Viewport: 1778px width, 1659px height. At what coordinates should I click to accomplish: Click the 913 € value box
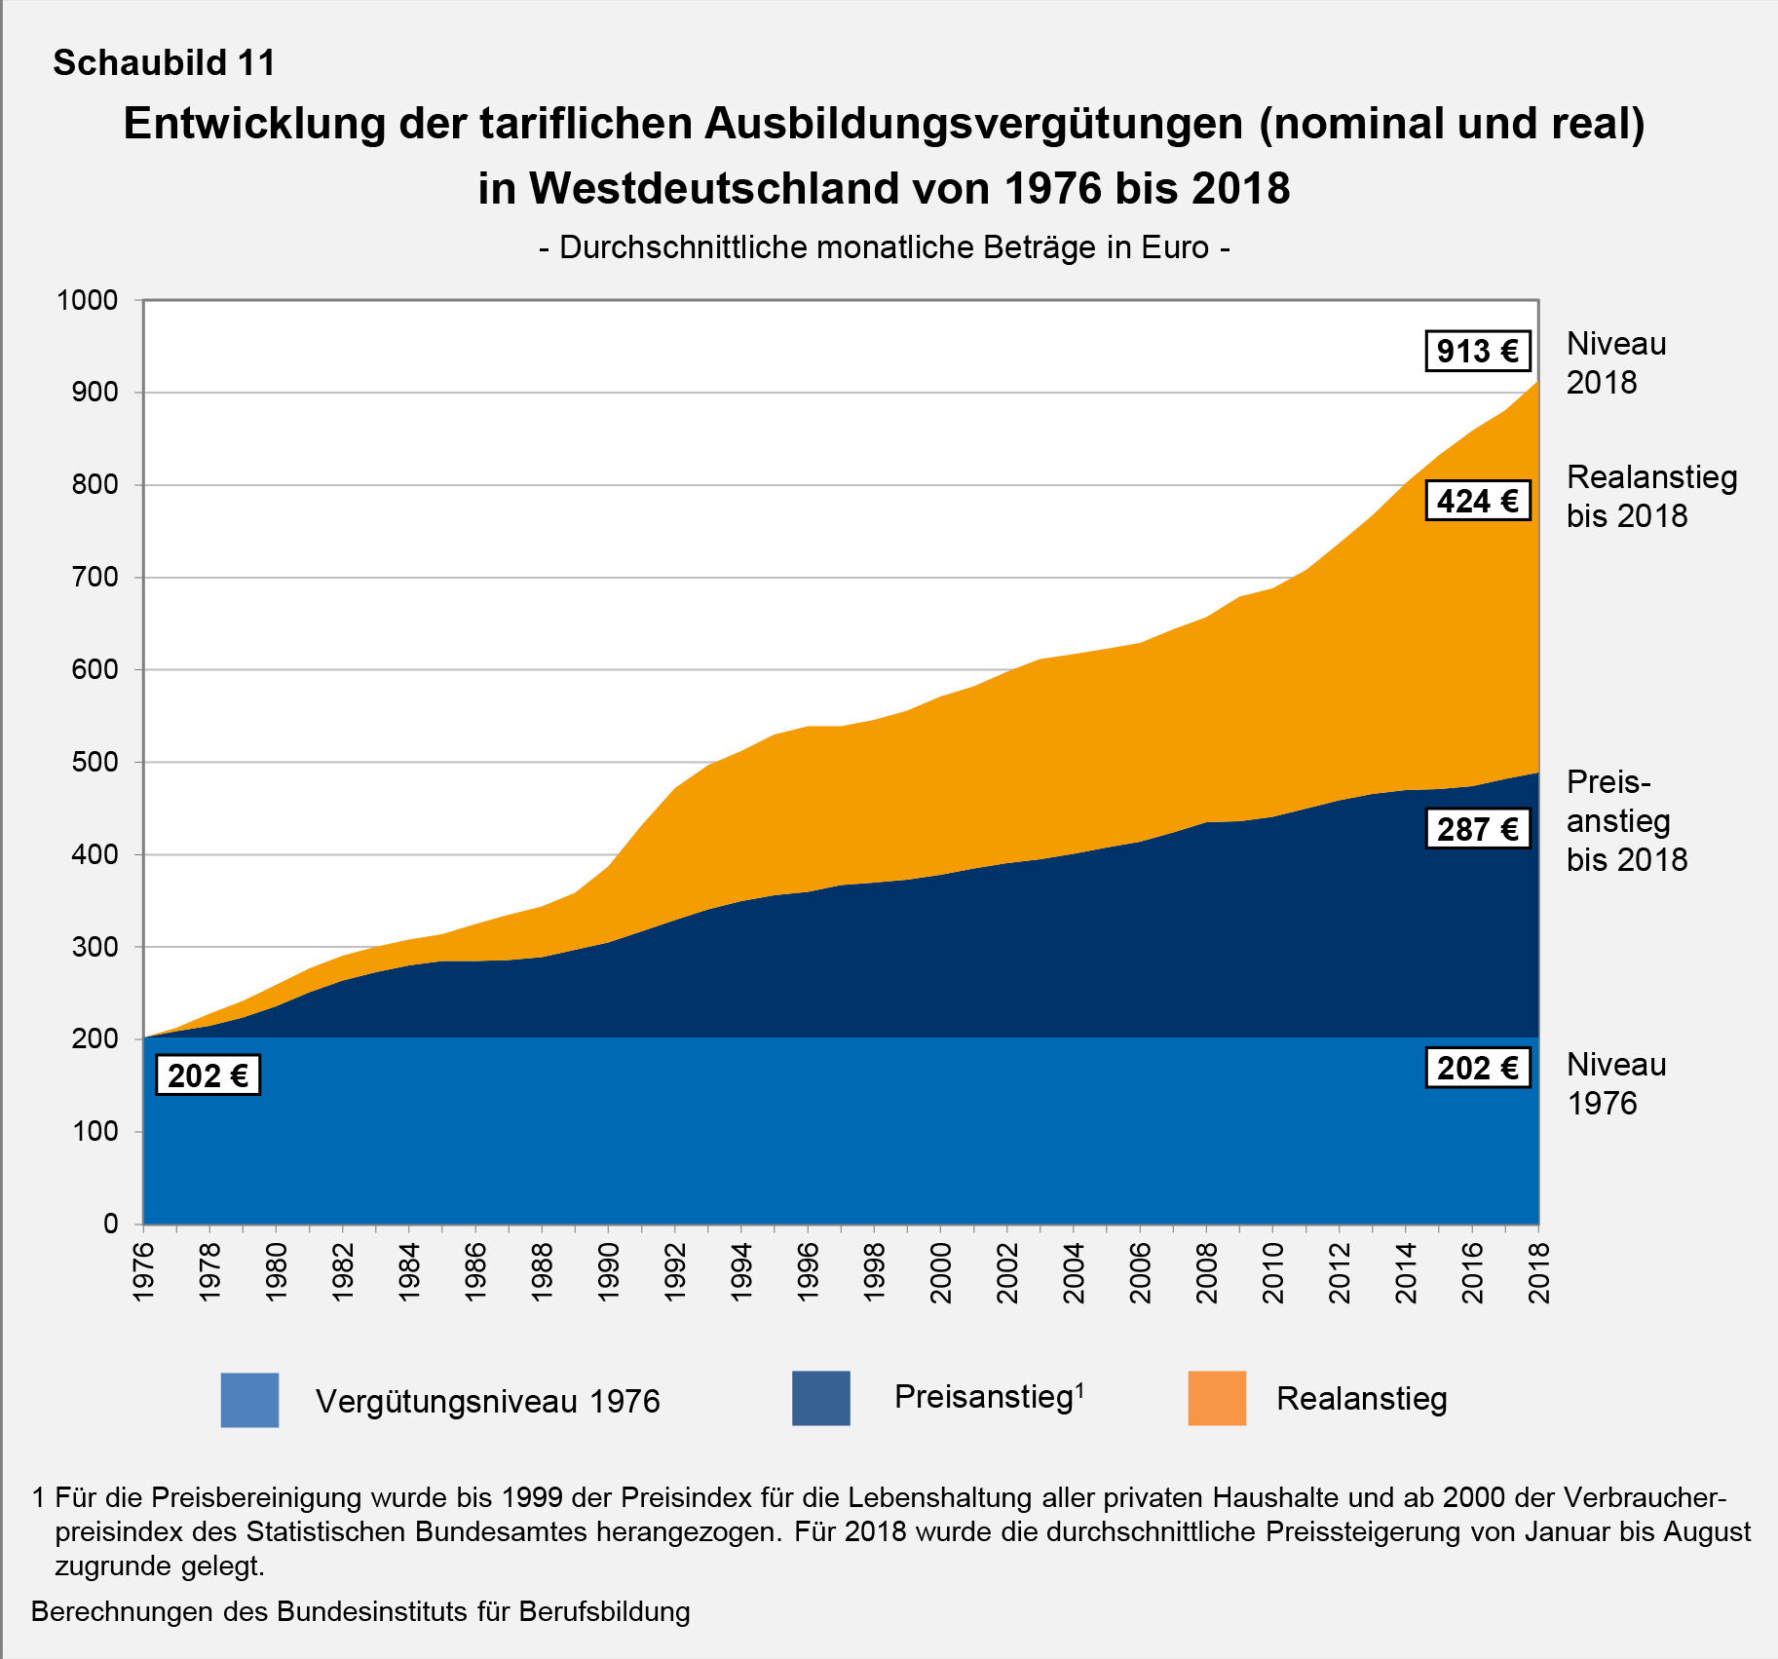(x=1477, y=351)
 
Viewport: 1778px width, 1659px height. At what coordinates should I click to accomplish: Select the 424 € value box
(x=1477, y=501)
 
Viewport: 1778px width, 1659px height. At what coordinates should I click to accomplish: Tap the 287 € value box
(x=1477, y=829)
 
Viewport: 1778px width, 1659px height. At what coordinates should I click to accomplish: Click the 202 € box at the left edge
(x=208, y=1075)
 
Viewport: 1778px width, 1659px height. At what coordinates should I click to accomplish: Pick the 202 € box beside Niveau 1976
(x=1477, y=1068)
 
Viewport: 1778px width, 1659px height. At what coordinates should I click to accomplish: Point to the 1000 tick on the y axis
(x=88, y=300)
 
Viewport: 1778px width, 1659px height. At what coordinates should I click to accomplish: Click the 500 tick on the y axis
(x=95, y=762)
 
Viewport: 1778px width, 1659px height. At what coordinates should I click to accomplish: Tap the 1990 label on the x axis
(x=609, y=1272)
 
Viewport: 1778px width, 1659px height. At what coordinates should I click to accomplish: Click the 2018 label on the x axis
(x=1538, y=1272)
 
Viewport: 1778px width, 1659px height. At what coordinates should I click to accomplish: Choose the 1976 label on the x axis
(x=143, y=1272)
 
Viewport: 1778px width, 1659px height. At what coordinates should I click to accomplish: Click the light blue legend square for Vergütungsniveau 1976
(x=249, y=1400)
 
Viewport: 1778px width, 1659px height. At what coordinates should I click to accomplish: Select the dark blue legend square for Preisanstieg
(x=820, y=1398)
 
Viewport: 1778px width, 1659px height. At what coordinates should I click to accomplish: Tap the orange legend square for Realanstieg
(x=1217, y=1398)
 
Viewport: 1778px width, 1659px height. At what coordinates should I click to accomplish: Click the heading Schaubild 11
(x=164, y=63)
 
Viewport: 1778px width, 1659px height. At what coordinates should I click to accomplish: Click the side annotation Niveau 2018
(x=1615, y=362)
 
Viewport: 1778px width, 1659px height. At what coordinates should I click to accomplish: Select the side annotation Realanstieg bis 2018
(x=1651, y=496)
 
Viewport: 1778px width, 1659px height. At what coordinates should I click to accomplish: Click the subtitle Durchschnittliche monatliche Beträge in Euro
(x=884, y=247)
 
